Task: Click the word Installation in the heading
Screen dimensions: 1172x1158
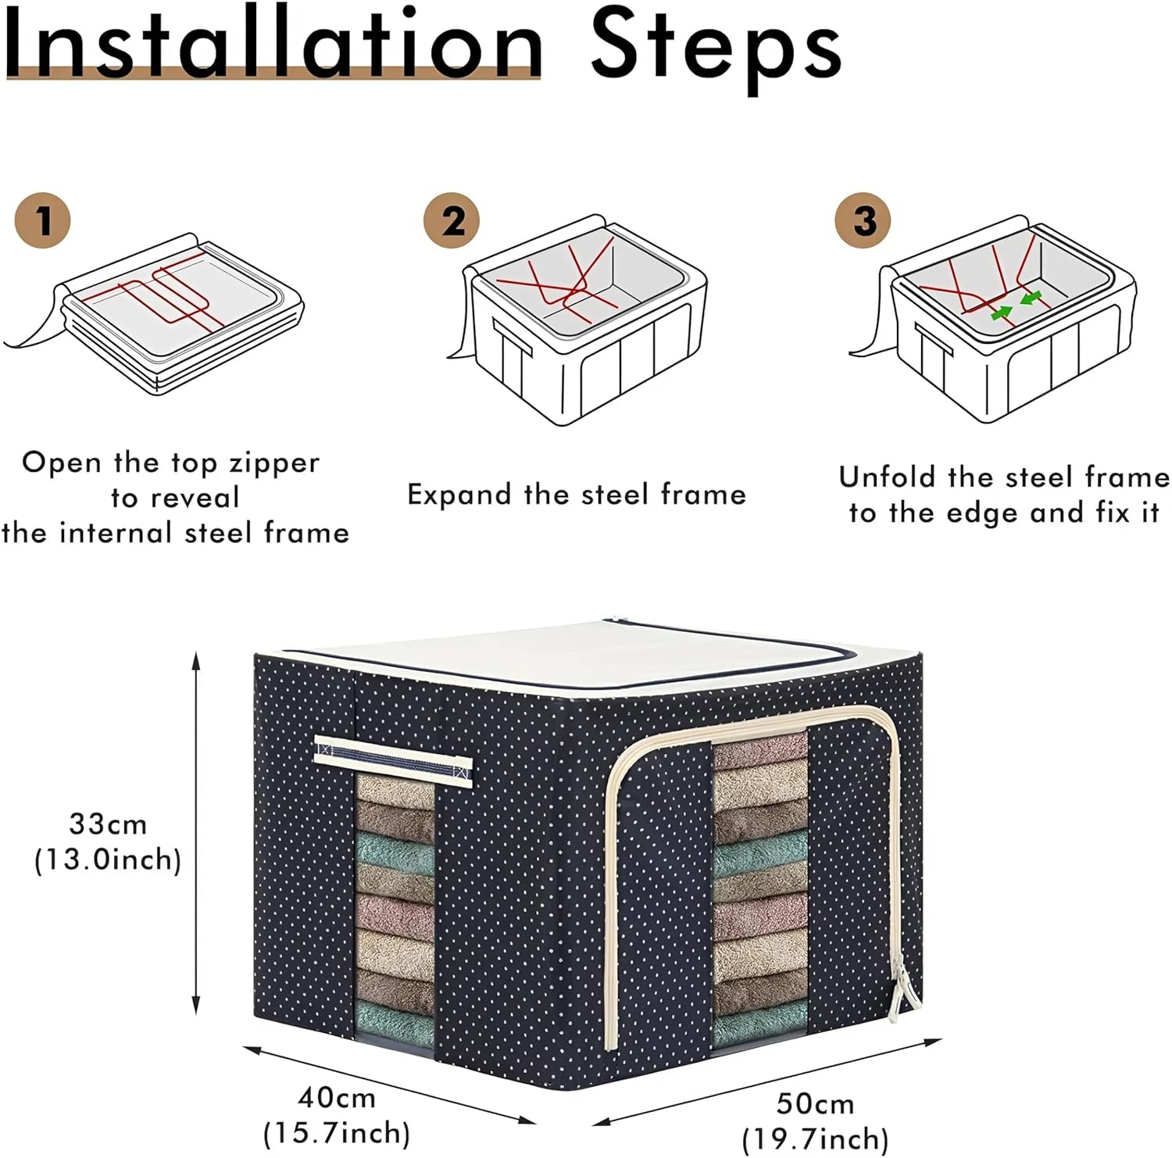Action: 273,44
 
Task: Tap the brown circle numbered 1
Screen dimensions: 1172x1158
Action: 43,221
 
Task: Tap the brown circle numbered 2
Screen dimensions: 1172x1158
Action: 452,221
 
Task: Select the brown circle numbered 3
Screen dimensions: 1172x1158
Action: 863,221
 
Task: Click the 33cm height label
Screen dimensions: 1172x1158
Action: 108,824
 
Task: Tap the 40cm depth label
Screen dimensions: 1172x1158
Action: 337,1098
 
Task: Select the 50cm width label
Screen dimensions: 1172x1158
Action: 815,1104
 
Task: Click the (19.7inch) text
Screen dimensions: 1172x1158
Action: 815,1139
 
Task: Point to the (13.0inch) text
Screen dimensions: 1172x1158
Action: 108,860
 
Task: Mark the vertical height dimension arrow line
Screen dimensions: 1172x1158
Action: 196,834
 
